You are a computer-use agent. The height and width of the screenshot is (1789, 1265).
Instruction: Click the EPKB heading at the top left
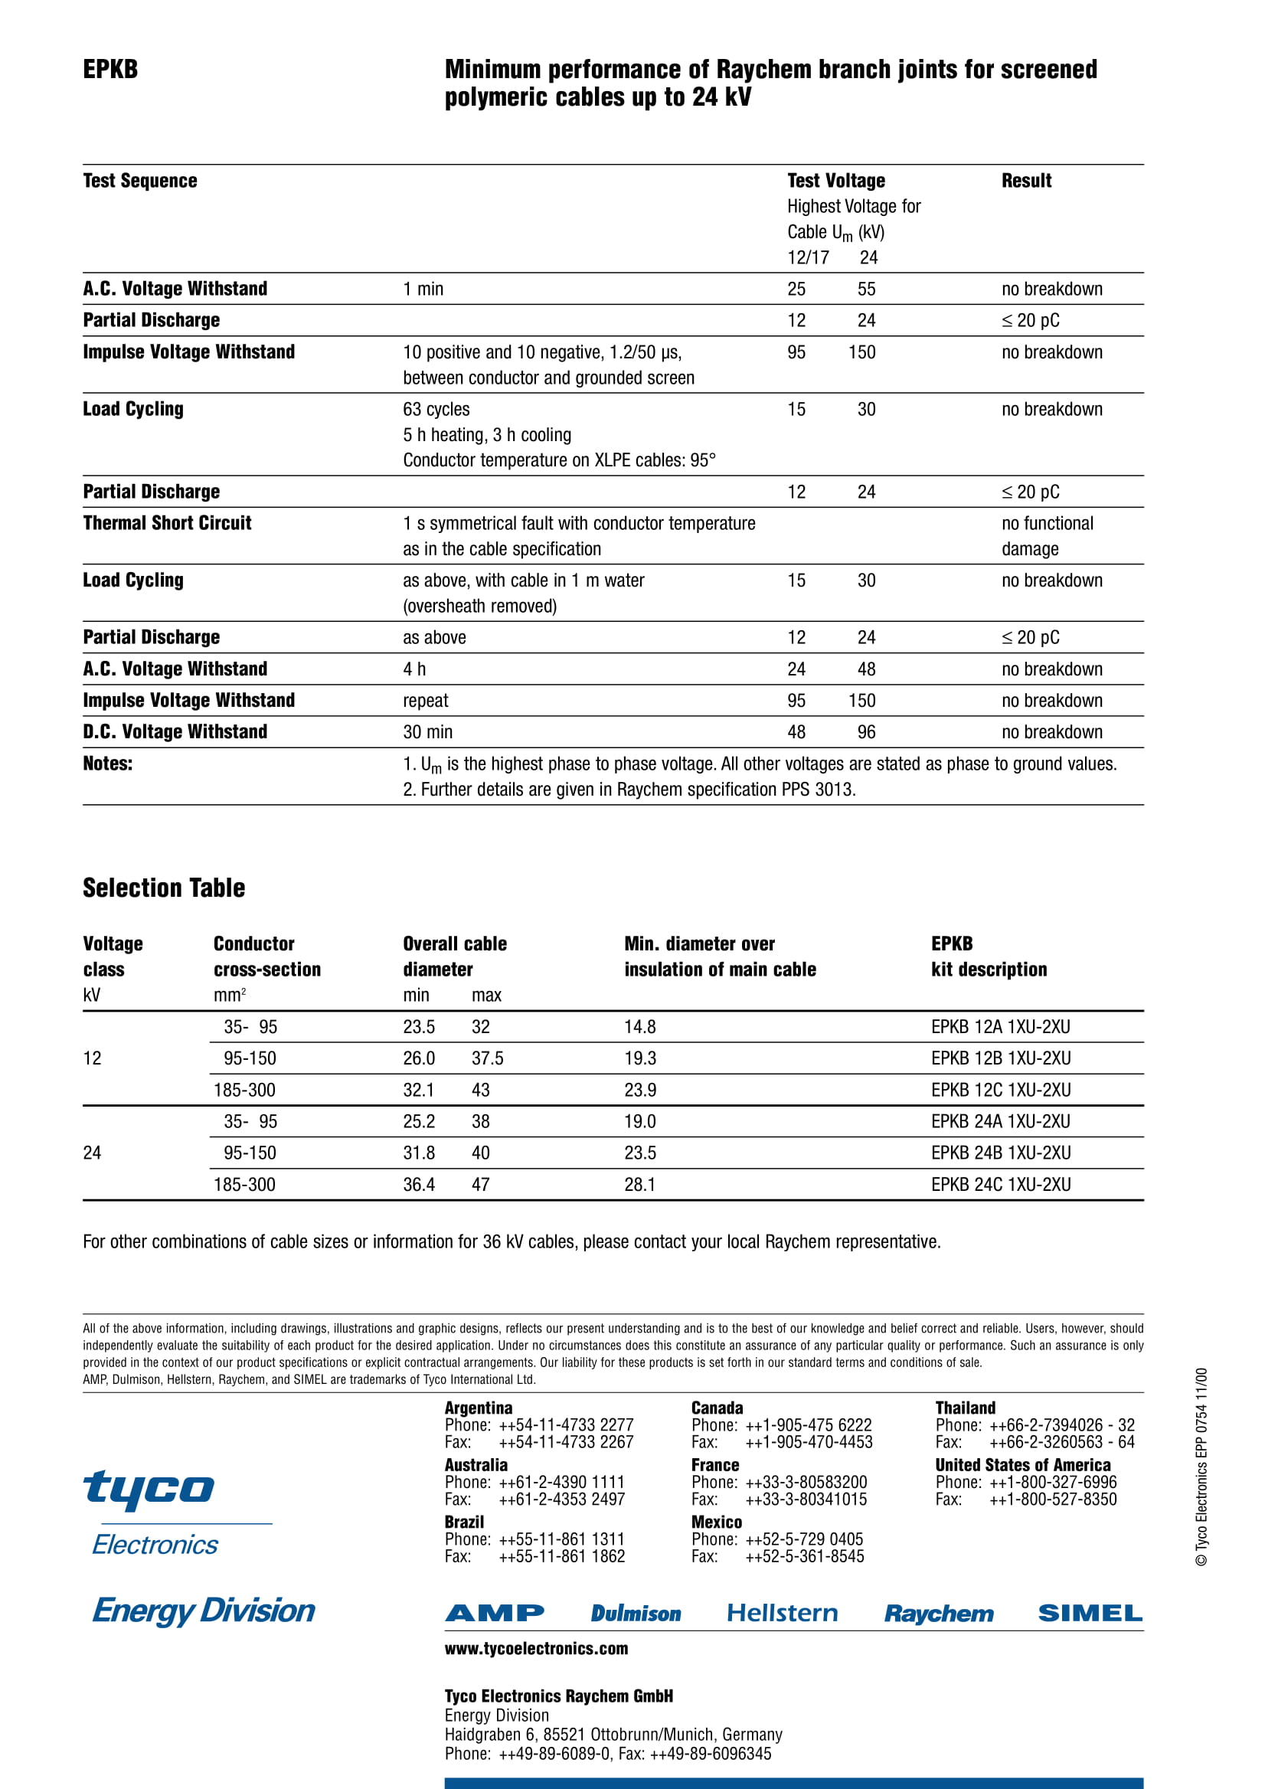coord(110,70)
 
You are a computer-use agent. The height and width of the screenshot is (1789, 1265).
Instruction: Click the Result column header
coord(1026,181)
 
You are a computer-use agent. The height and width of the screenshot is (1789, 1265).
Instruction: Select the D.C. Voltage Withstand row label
coord(175,731)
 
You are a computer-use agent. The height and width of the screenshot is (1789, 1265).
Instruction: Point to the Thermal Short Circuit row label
coord(167,523)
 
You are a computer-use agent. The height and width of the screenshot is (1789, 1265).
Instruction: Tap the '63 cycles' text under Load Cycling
coord(436,409)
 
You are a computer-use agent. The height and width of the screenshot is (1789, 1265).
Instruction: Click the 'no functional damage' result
coord(1047,536)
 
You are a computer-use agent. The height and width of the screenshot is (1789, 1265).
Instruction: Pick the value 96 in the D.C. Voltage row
coord(866,732)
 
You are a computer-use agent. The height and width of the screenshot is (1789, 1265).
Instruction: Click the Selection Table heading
coord(164,888)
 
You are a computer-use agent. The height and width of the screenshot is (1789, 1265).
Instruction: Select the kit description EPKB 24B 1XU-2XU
coord(1000,1153)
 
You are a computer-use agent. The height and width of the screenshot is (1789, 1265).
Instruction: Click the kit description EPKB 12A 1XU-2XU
coord(1000,1027)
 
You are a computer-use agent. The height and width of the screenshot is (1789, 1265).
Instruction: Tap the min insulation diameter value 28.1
coord(639,1184)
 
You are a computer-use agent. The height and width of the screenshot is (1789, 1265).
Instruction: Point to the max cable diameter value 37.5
coord(488,1058)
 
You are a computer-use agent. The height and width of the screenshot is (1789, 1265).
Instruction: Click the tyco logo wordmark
coord(148,1487)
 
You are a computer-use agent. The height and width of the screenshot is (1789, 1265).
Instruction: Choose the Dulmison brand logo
coord(636,1613)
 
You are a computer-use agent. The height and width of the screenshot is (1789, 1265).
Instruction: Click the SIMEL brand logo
coord(1090,1613)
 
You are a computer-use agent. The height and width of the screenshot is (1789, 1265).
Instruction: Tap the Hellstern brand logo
coord(782,1613)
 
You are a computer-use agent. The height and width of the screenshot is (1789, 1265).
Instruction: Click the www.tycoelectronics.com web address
coord(536,1648)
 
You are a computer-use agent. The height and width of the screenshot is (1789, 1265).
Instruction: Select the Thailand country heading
coord(965,1407)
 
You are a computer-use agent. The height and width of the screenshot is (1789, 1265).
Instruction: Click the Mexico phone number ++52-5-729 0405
coord(804,1539)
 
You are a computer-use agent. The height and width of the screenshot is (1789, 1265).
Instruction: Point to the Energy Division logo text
coord(204,1611)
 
